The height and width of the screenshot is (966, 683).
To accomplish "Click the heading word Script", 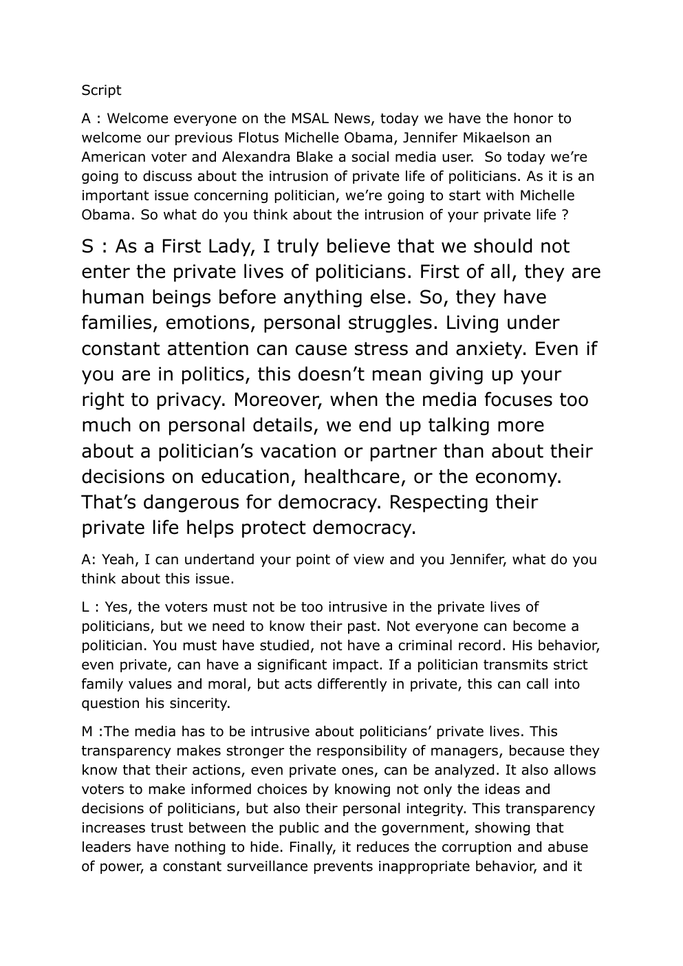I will tap(101, 90).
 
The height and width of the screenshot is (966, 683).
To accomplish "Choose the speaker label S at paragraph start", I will tap(89, 246).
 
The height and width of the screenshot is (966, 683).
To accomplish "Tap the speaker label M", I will tap(87, 731).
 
